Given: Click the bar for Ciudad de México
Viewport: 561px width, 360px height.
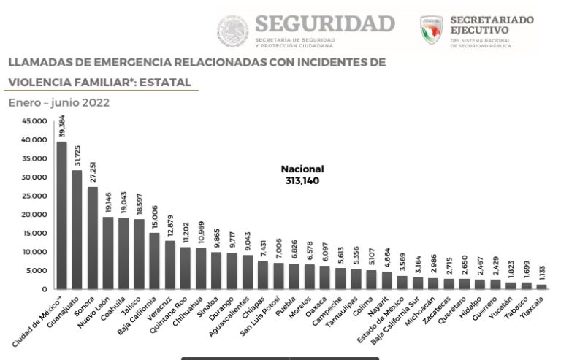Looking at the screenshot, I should [x=61, y=215].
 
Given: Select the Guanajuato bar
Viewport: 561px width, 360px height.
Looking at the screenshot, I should [x=77, y=230].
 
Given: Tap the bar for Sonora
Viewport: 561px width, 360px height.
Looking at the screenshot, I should [x=93, y=238].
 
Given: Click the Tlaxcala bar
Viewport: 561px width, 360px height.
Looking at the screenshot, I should [x=541, y=287].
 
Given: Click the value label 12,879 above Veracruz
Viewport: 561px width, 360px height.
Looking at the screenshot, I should [x=170, y=225].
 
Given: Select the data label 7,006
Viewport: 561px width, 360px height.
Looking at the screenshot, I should [x=278, y=247].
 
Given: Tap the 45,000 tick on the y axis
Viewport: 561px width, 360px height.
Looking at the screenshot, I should [x=33, y=121].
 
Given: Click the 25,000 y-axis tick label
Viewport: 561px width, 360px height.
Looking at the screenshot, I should [x=33, y=196].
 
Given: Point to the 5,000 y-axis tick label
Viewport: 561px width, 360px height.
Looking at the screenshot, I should [x=35, y=271].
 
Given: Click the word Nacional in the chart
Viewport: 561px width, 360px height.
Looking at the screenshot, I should [x=302, y=169].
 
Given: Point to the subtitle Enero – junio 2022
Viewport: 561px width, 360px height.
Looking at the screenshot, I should [x=58, y=102].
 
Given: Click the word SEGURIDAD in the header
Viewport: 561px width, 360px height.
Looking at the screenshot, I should [x=325, y=23].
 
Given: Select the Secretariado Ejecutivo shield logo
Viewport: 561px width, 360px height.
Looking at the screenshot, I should [x=432, y=30].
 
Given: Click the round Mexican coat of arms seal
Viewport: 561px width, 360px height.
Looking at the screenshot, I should [x=232, y=31].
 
